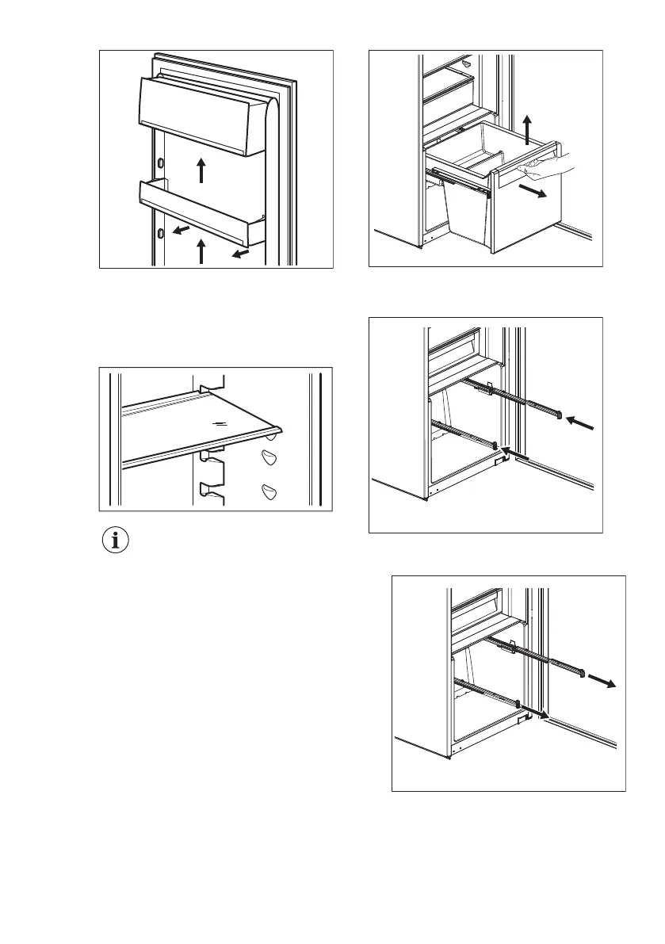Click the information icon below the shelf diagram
[117, 541]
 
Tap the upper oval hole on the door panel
[161, 162]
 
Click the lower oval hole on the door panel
[161, 233]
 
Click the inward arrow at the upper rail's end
[583, 425]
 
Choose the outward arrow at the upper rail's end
[608, 682]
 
